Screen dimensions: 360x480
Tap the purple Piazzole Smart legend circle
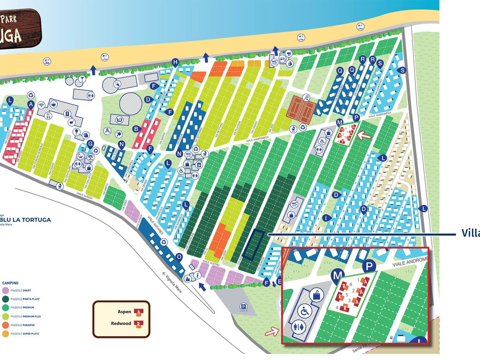[5, 291]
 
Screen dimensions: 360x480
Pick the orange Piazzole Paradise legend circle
[5, 325]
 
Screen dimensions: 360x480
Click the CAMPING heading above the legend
[10, 283]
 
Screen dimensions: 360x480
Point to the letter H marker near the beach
[175, 62]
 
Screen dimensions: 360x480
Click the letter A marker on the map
[31, 104]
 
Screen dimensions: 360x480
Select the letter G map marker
[90, 143]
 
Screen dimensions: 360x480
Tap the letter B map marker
[136, 129]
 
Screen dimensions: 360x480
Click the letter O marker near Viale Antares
[179, 256]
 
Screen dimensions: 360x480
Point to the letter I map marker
[325, 218]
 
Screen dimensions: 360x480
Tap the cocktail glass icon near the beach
[82, 79]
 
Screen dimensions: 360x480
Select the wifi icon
[41, 105]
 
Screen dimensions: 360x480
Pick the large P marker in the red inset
[369, 266]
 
